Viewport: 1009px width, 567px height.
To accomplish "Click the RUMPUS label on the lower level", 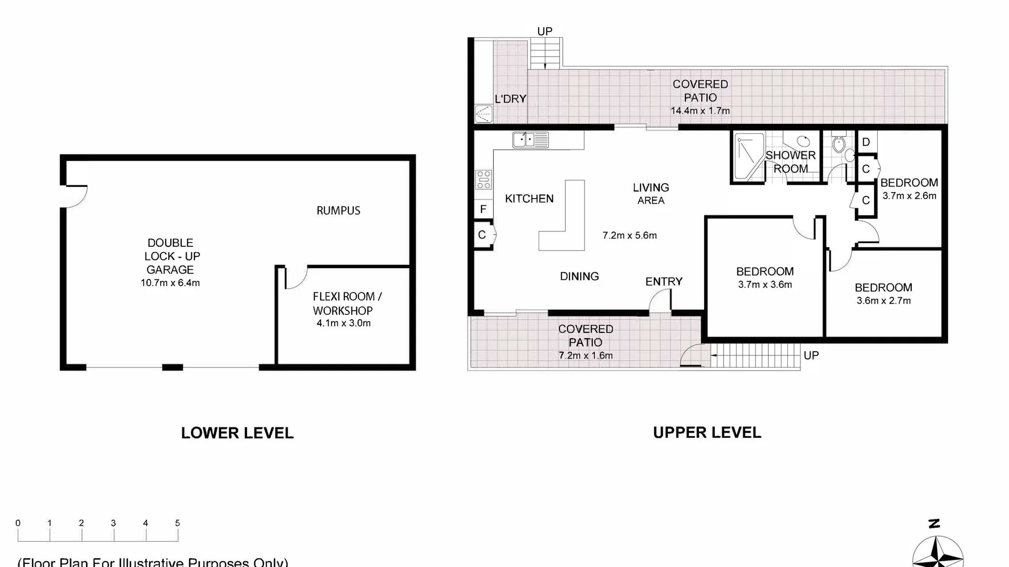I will click(x=338, y=211).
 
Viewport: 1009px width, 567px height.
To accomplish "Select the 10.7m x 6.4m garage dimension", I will click(x=170, y=283).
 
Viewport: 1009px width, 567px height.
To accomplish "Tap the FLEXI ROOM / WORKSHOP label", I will click(x=343, y=303).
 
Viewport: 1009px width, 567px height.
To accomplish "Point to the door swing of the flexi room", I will click(x=295, y=278).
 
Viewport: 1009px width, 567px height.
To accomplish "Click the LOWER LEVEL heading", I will click(x=237, y=433).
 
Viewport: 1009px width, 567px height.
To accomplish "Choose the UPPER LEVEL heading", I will click(x=707, y=433).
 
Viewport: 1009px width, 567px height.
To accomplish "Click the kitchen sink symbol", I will click(x=530, y=140).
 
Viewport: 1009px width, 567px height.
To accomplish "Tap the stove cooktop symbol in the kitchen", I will click(x=484, y=180).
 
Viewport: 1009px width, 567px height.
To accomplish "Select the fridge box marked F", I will click(x=483, y=209).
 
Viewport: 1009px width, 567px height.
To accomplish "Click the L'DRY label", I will click(x=510, y=99).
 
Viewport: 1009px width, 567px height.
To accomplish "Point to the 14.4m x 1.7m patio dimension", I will click(x=700, y=111).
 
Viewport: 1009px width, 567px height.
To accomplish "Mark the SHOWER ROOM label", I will click(x=790, y=162).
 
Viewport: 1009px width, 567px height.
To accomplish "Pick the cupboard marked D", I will click(x=866, y=142).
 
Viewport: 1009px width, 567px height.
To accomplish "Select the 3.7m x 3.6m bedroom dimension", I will click(x=765, y=285).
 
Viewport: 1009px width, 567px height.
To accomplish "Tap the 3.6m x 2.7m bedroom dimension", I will click(x=883, y=301).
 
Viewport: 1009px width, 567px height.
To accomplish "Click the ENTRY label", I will click(x=664, y=281).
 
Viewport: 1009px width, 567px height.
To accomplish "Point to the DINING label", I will click(x=579, y=276).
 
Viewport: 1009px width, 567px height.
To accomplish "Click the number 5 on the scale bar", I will click(x=178, y=523).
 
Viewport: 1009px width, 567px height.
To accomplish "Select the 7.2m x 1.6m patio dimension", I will click(x=585, y=355).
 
